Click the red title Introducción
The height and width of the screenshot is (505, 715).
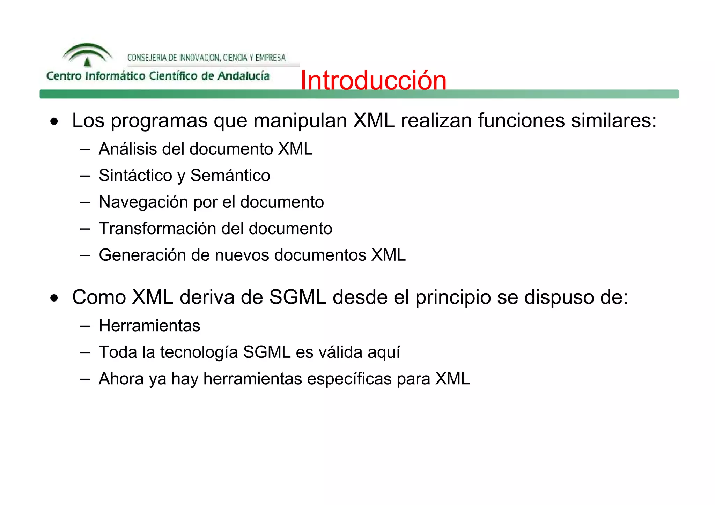(373, 80)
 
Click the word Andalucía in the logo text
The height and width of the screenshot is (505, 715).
(243, 76)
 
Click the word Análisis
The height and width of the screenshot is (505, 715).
(127, 149)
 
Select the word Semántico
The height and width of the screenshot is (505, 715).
(230, 176)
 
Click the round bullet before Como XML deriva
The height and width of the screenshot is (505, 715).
(54, 298)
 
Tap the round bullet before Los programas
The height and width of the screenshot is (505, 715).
(54, 121)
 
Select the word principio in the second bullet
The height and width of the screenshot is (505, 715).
(453, 298)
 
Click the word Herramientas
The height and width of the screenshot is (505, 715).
(149, 326)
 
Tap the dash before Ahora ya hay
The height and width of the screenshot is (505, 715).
(85, 379)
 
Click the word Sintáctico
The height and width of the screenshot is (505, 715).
(135, 176)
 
